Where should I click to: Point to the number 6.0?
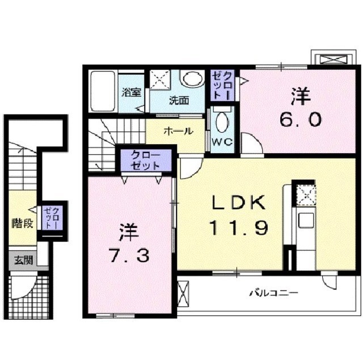coord(301,119)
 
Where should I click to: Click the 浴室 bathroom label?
coord(132,93)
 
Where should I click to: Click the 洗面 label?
coord(179,100)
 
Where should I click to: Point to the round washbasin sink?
coord(192,79)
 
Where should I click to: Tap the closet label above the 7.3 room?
coord(145,159)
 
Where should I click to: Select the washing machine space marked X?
coord(161,80)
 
